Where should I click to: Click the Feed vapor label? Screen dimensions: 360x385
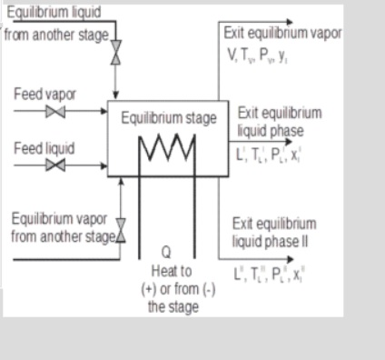[x=42, y=95]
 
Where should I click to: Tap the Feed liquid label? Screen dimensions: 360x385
[x=42, y=146]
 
